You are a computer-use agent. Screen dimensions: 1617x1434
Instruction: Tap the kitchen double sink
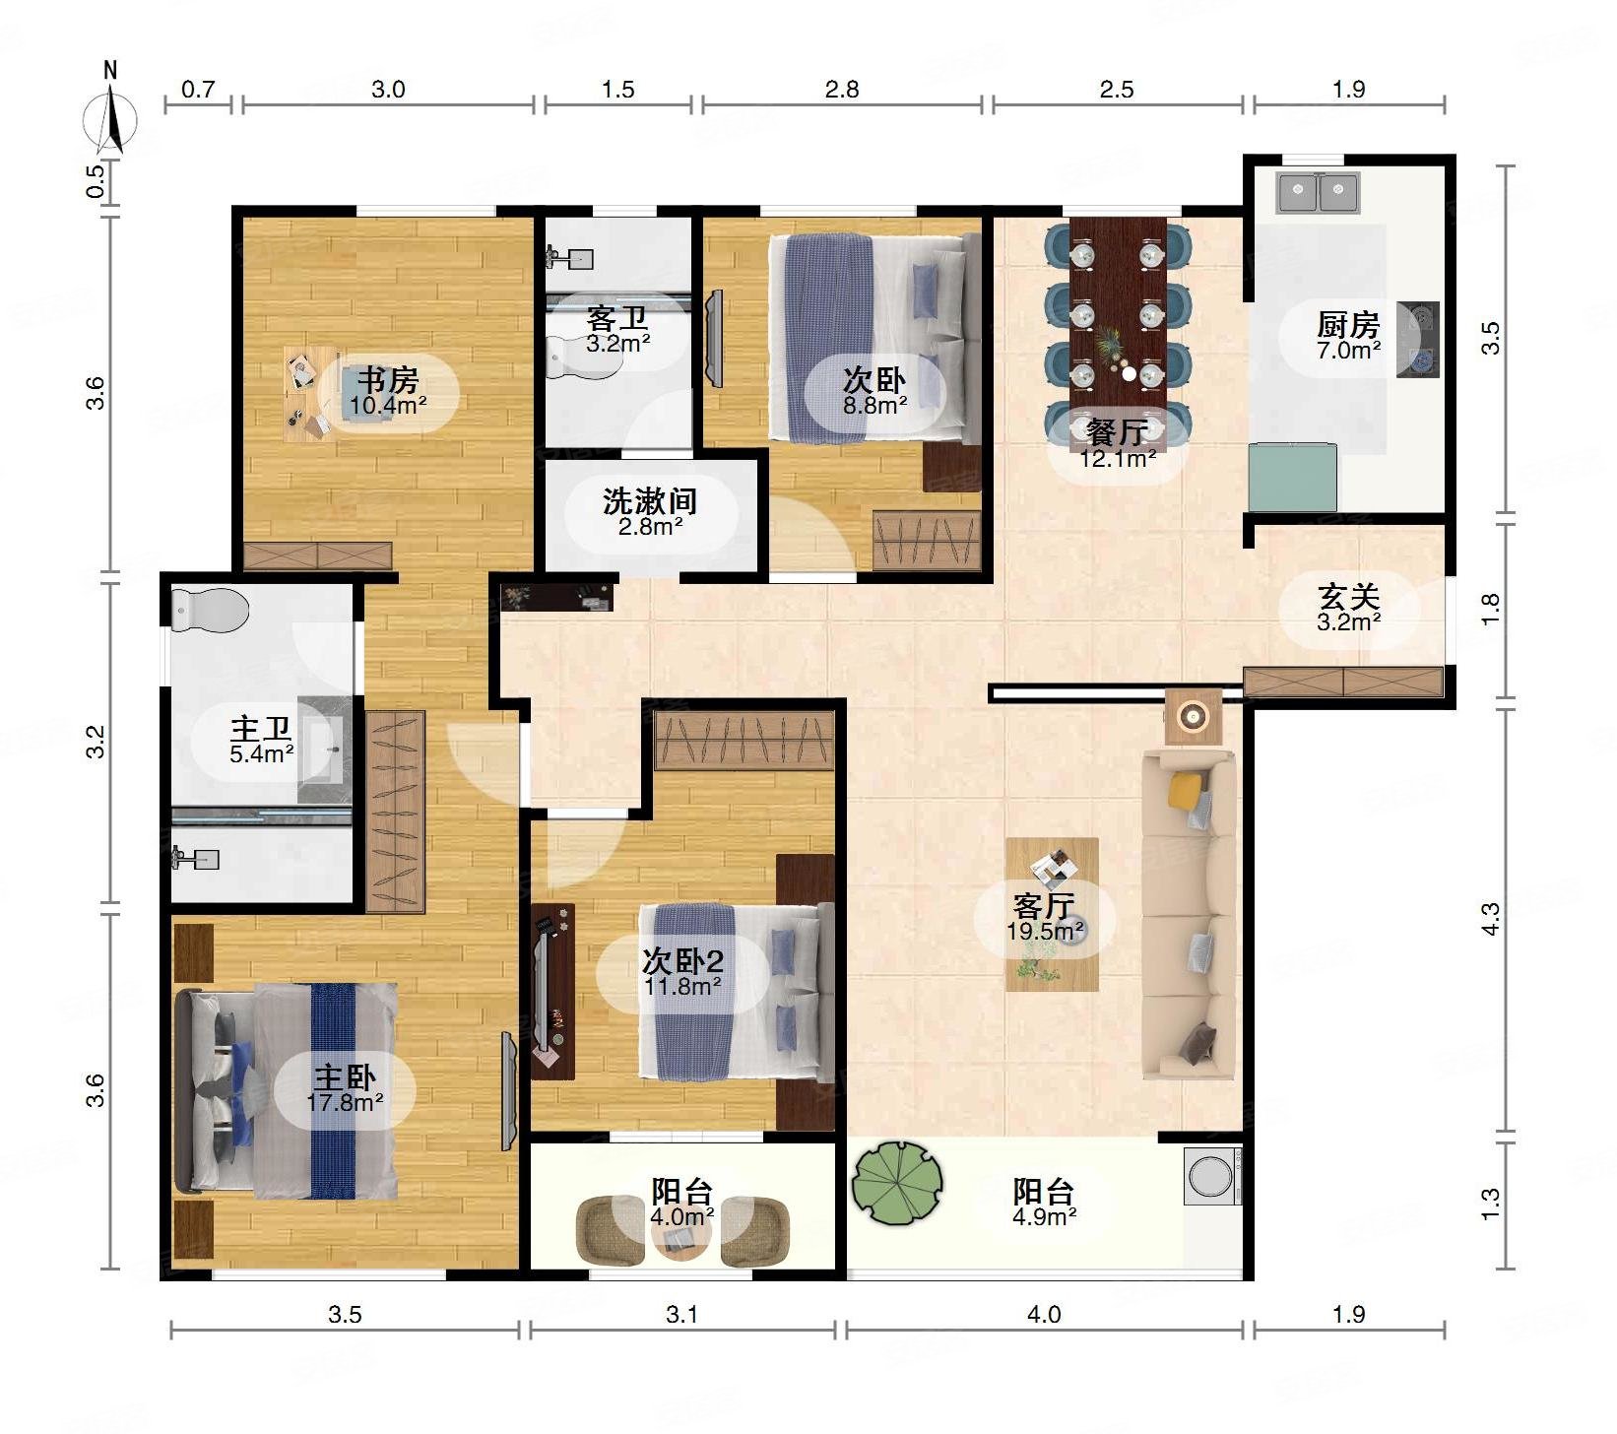(1318, 192)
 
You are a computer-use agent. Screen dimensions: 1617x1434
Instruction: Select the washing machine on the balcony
(1212, 1176)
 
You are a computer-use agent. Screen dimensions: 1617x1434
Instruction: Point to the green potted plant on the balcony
(897, 1182)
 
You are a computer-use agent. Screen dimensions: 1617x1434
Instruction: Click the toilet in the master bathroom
(210, 610)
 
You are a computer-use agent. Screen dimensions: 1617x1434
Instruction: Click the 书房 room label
(387, 379)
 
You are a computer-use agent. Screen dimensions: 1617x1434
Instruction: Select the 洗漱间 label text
(650, 501)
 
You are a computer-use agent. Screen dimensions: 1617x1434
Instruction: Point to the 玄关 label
(1348, 597)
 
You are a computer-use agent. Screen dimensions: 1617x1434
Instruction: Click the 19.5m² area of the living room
(1045, 931)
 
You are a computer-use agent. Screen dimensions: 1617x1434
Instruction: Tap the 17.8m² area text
(345, 1102)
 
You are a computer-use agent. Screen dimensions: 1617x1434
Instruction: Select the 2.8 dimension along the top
(842, 90)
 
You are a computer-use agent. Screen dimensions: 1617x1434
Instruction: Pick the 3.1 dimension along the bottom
(681, 1314)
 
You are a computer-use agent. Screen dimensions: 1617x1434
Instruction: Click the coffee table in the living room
(1052, 914)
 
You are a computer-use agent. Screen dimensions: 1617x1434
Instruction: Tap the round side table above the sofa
(1193, 716)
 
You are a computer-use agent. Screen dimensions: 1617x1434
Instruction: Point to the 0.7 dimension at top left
(198, 90)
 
